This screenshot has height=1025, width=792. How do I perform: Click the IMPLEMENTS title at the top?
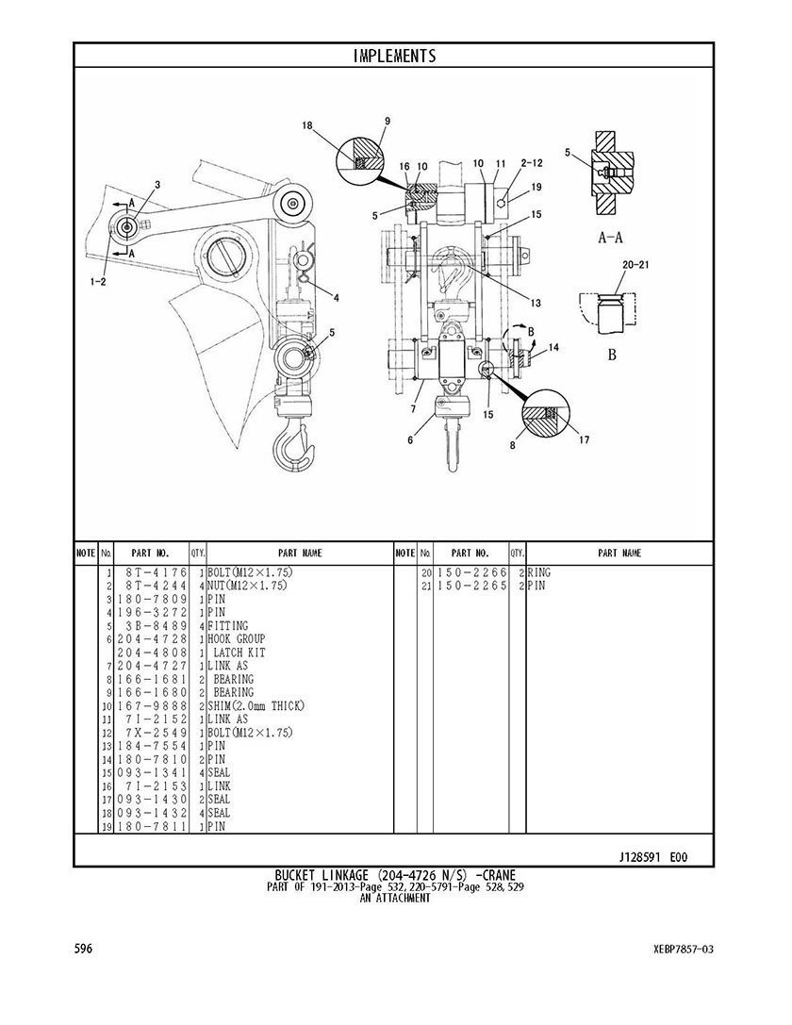click(x=394, y=56)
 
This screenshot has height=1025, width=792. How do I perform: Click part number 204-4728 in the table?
click(x=152, y=638)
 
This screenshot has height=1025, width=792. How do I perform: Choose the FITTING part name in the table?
click(x=228, y=625)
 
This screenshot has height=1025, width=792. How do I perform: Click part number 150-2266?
click(x=472, y=572)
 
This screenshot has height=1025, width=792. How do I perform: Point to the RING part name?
click(x=539, y=572)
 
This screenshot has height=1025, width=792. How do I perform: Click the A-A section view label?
click(x=611, y=238)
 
